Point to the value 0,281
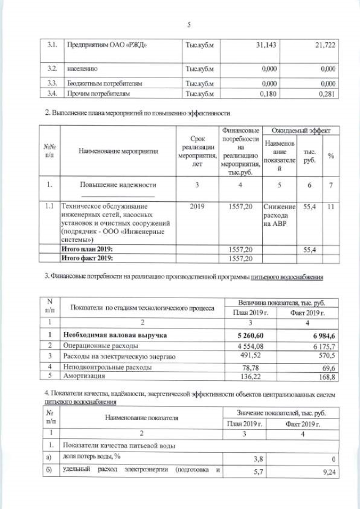[x=327, y=94]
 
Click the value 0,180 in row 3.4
[x=266, y=94]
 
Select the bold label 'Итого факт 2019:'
[x=87, y=258]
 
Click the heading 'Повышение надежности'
[x=118, y=184]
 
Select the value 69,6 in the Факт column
[x=328, y=366]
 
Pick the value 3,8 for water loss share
[x=258, y=458]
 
